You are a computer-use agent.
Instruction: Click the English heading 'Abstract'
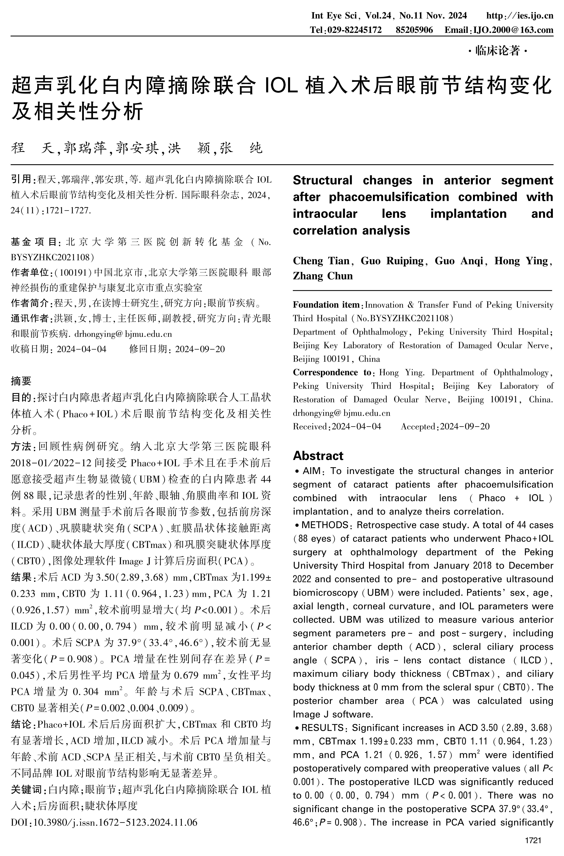point(318,456)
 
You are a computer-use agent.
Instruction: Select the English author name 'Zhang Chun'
point(323,276)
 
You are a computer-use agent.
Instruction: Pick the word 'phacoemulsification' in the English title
point(389,197)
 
